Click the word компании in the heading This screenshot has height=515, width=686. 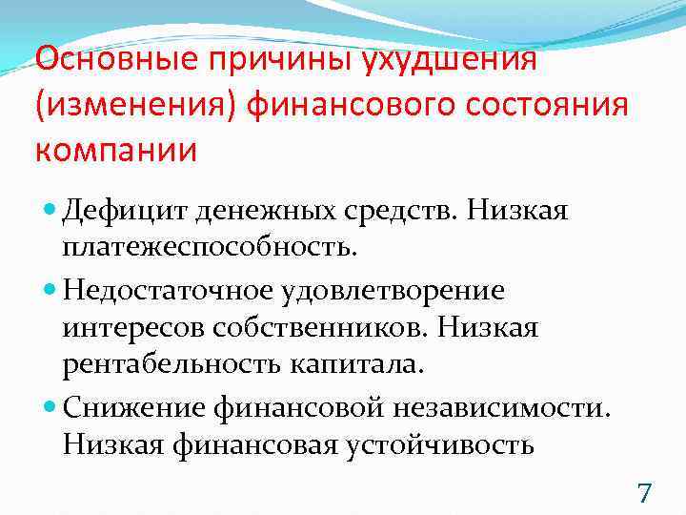pos(116,150)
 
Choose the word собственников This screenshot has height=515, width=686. pos(290,328)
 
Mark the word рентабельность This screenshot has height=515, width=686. pos(166,365)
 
